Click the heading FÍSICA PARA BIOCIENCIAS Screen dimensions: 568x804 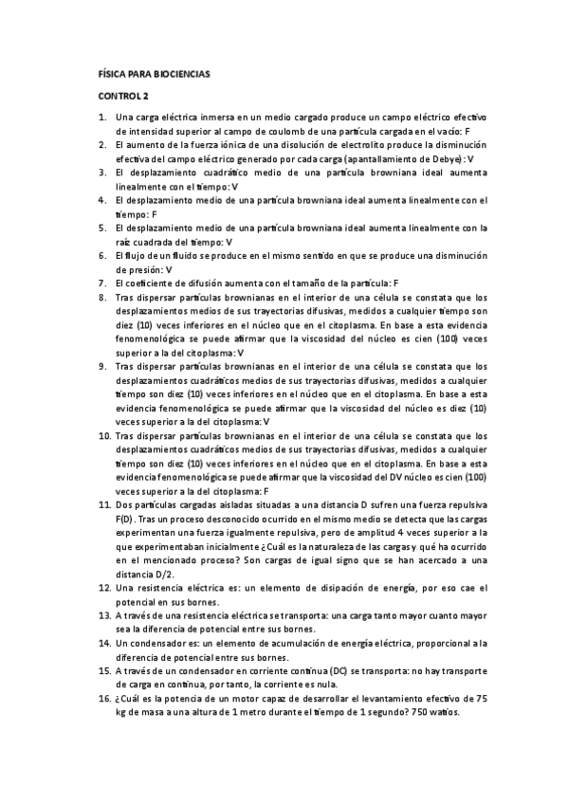point(156,73)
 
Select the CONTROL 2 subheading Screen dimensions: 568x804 point(125,97)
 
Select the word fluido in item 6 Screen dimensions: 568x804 point(161,256)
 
